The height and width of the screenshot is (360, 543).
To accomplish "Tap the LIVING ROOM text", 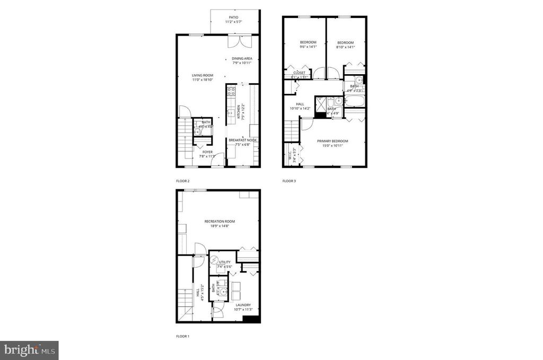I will [x=203, y=75].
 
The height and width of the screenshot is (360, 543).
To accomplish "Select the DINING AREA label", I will [x=242, y=58].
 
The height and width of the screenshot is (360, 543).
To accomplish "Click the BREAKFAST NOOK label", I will [x=242, y=140].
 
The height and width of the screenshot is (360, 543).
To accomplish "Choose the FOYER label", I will [x=207, y=152].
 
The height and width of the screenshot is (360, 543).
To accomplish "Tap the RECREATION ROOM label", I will [x=220, y=221].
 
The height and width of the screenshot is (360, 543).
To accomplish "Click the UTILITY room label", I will [x=224, y=262].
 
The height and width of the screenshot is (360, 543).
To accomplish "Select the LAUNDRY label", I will [x=243, y=305].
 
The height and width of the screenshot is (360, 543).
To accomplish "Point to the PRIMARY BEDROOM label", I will [x=333, y=141].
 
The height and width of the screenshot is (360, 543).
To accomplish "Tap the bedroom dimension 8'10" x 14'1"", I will [x=345, y=47].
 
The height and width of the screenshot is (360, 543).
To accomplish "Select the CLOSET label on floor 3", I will [x=299, y=73].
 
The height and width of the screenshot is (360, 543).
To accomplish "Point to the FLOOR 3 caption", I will [x=289, y=181].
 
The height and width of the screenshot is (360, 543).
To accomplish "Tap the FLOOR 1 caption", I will [x=182, y=336].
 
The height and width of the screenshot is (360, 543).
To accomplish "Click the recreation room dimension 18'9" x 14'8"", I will [x=220, y=226].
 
